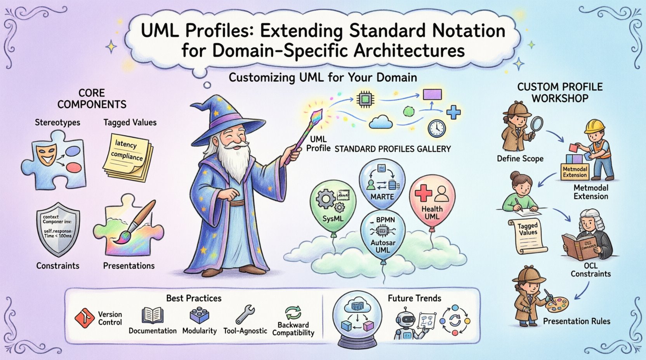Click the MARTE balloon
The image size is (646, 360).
coord(382,183)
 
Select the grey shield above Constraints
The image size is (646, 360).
coord(57,231)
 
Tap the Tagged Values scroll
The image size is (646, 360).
coord(527,235)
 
